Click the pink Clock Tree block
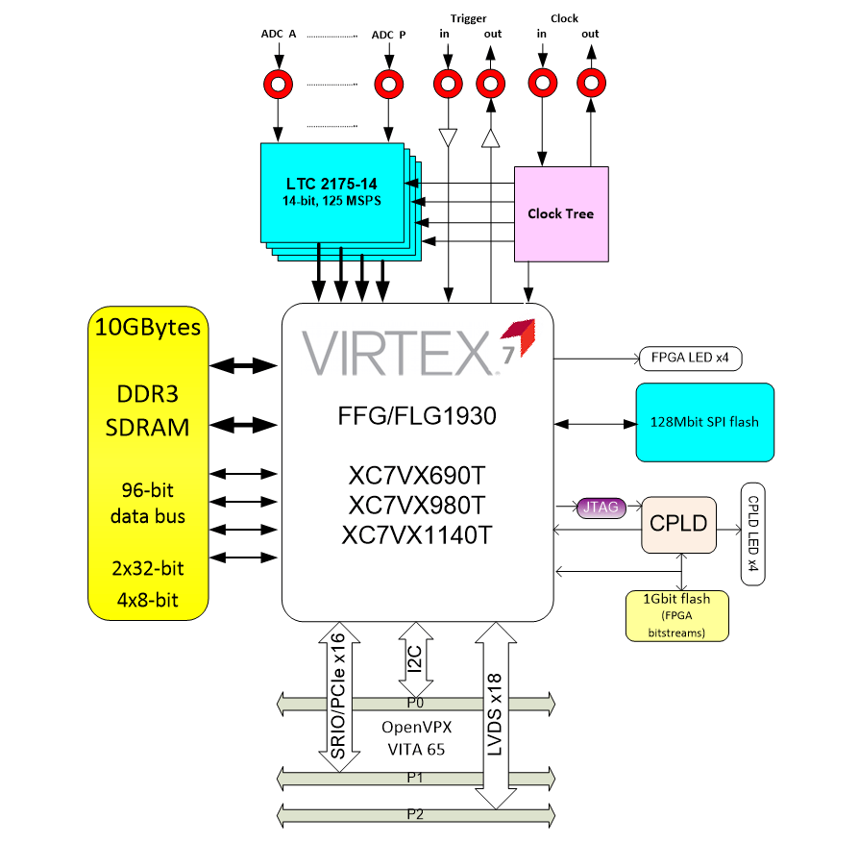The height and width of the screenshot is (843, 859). tap(561, 213)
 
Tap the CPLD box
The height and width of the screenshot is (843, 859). tap(678, 525)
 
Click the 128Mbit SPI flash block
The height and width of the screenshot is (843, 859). tap(704, 423)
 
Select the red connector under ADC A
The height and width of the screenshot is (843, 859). tap(279, 84)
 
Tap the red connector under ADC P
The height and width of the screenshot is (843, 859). tap(388, 84)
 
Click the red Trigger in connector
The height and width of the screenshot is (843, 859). tap(446, 84)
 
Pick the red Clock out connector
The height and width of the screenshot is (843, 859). tap(590, 84)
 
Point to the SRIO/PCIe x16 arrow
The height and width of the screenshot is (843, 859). tap(338, 697)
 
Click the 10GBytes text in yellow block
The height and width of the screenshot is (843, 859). tap(148, 328)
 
